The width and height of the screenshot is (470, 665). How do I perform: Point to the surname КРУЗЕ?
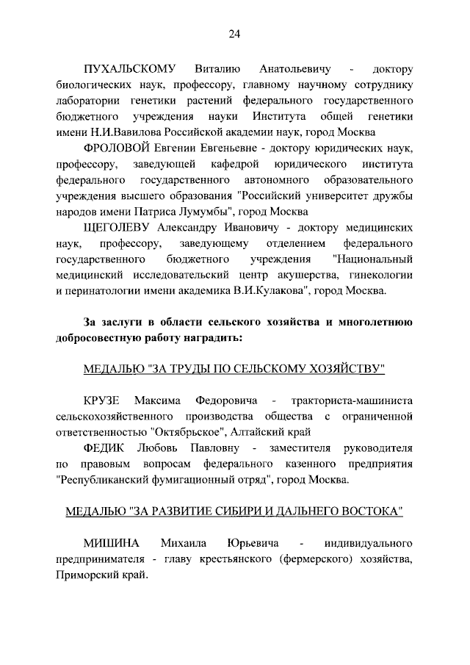102,401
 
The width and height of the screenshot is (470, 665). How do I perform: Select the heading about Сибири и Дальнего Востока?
234,511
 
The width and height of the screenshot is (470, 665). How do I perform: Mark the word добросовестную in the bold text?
100,339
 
